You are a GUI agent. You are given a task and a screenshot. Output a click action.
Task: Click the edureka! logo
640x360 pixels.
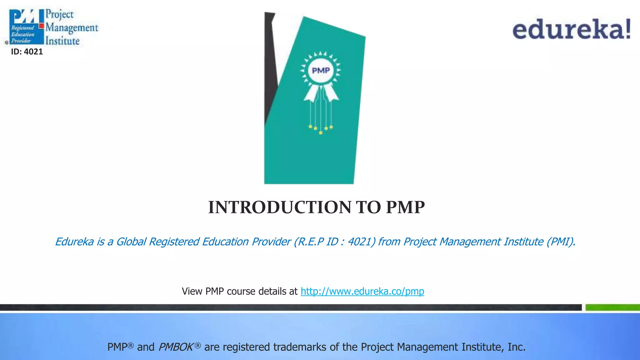[571, 29]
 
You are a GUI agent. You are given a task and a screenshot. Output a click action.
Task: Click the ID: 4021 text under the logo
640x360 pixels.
[27, 52]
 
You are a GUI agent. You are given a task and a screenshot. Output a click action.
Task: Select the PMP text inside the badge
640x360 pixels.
[321, 70]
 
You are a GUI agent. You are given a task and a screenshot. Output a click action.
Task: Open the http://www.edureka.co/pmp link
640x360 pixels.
[362, 291]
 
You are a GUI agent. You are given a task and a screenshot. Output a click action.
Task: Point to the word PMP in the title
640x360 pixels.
[405, 207]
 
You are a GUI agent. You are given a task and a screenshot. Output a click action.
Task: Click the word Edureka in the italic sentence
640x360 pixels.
[74, 242]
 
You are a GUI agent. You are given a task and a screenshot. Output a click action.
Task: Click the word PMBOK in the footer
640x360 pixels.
[176, 347]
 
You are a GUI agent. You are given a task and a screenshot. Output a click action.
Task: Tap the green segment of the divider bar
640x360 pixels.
[612, 307]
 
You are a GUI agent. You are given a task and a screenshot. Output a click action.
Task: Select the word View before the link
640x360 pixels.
[192, 291]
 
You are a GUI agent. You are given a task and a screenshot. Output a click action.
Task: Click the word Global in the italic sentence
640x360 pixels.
[131, 242]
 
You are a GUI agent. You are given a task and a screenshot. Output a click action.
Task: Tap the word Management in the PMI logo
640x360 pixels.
[72, 28]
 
